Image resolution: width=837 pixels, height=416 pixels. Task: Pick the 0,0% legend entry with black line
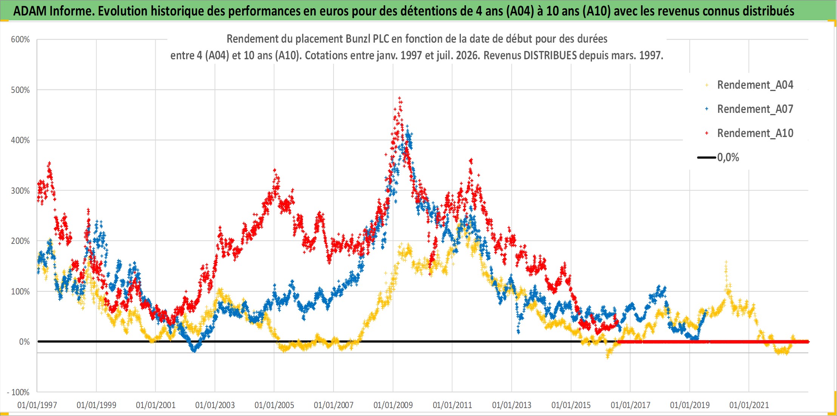(718, 157)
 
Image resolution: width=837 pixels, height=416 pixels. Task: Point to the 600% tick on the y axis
(20, 40)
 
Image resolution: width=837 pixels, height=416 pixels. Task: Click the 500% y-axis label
(20, 90)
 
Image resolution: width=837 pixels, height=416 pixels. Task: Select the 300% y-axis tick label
(20, 191)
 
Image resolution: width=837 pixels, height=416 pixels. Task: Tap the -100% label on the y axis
(18, 392)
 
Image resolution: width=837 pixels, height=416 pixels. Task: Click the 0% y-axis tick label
(25, 342)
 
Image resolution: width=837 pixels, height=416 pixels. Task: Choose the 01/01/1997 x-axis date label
(37, 405)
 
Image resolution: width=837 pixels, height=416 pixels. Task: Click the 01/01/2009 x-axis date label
(393, 405)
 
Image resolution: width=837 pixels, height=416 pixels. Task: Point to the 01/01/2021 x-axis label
(749, 405)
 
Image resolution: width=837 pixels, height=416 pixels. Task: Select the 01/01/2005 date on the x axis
(274, 405)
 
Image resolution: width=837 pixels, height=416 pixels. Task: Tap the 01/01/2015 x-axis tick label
(571, 405)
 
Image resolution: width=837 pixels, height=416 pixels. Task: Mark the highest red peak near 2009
(400, 98)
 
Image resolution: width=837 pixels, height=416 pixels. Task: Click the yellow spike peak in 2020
(726, 262)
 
